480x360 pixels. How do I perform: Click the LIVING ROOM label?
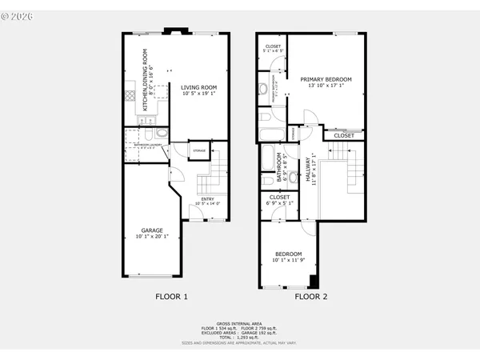point(198,88)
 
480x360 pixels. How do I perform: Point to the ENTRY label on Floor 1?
point(207,199)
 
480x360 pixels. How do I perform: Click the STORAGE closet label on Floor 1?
point(198,150)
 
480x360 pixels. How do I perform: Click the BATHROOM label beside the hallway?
point(279,163)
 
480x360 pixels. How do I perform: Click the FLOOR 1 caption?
point(171,297)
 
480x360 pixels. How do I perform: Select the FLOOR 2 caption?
point(310,297)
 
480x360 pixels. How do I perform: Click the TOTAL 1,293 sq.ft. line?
point(240,337)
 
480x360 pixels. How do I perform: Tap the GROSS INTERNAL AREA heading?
point(240,322)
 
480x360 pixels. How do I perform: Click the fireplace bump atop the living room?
point(175,32)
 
